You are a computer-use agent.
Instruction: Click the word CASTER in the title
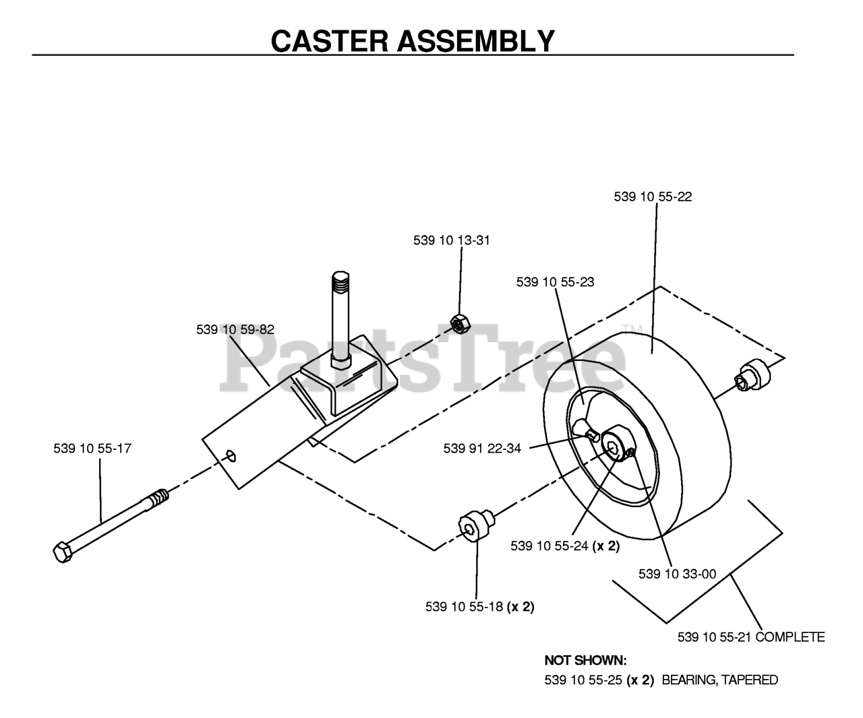tap(330, 41)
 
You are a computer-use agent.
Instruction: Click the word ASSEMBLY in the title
tap(476, 41)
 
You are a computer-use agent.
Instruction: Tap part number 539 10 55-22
tap(653, 197)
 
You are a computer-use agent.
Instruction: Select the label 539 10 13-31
tap(451, 240)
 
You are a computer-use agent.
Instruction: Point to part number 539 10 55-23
tap(555, 282)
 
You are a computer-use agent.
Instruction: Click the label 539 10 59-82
tap(235, 329)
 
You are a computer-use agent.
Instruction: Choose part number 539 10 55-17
tap(92, 449)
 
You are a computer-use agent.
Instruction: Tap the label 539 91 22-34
tap(482, 449)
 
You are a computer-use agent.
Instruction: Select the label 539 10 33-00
tap(678, 574)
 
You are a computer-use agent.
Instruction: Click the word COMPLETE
tap(790, 637)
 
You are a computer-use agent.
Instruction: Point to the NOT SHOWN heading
tap(586, 661)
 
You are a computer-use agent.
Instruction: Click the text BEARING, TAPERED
tap(720, 680)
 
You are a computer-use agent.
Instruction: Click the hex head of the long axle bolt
tap(63, 552)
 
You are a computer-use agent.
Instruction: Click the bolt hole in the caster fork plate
tap(231, 456)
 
